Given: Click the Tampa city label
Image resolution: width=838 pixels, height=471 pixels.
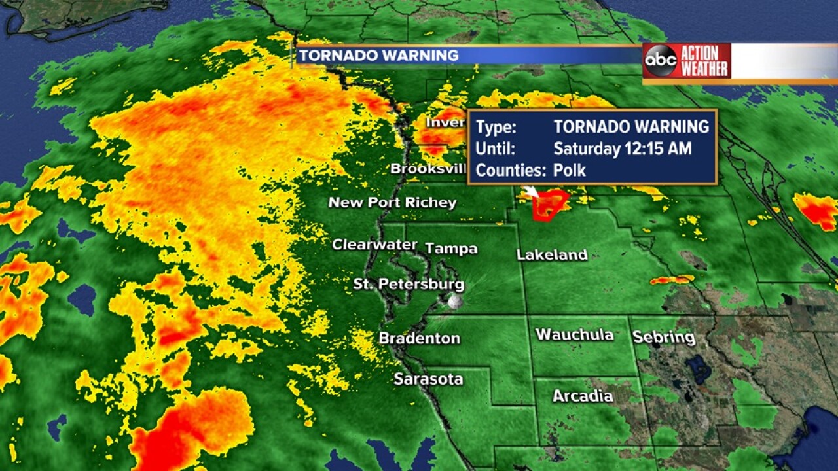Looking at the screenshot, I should (x=452, y=249).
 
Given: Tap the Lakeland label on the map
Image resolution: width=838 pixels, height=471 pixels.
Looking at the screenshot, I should (x=552, y=255).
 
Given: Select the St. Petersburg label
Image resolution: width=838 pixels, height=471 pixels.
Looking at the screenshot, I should (x=409, y=285).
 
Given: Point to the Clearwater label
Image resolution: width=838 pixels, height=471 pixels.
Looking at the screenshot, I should (x=374, y=245).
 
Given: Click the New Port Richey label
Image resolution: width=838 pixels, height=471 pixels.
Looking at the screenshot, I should (x=392, y=203).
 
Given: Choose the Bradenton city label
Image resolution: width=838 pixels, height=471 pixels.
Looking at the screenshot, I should (x=419, y=339).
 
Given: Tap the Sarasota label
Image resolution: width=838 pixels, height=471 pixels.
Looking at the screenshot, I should (x=428, y=379).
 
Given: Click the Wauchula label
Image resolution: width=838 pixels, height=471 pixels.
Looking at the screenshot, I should (x=574, y=335).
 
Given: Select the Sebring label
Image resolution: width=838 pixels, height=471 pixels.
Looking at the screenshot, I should (x=663, y=338).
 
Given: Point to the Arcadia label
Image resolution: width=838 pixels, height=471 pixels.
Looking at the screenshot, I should (x=583, y=396).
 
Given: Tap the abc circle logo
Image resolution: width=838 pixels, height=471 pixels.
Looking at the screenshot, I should (x=660, y=61).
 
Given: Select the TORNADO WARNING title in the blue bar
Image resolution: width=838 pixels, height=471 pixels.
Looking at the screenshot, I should (x=379, y=56).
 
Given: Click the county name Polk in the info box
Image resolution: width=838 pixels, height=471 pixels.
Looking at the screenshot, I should (x=570, y=171).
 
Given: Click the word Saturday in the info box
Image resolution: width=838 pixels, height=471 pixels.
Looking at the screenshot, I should (x=585, y=148).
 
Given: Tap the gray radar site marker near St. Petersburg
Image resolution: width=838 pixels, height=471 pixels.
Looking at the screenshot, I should (x=454, y=302).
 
